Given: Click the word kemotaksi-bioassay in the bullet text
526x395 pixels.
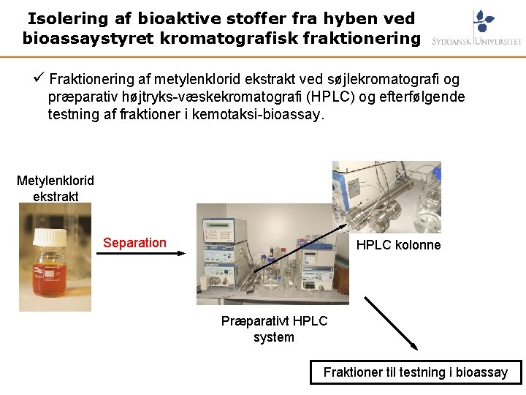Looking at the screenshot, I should [256, 114].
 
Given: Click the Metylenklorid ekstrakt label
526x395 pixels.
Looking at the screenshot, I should [56, 188].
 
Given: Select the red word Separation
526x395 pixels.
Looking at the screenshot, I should [134, 243].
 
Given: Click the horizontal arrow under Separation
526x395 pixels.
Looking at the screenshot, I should [140, 253].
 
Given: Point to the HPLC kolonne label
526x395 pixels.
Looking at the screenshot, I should [398, 245].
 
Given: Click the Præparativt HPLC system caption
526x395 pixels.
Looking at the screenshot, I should [274, 329].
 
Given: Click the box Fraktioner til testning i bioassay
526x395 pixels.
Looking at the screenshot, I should [416, 372].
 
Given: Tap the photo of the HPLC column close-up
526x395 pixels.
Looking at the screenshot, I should [386, 197].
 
